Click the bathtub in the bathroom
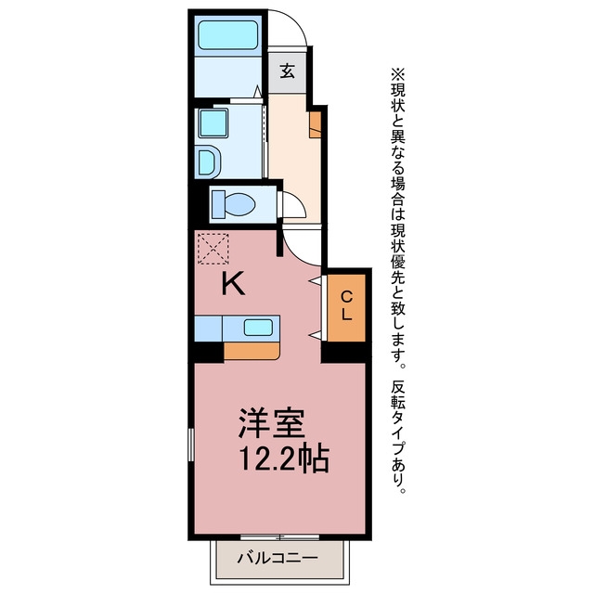point(228,35)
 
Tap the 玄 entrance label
point(288,71)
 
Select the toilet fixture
point(233,204)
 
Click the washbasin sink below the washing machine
point(208,163)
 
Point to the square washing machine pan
point(213,123)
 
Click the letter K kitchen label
point(233,284)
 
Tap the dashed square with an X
point(213,249)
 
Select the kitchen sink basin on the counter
point(258,328)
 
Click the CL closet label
point(346,306)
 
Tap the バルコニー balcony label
point(278,558)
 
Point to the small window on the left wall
point(191,445)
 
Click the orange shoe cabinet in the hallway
point(316,124)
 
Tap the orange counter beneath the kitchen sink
point(252,351)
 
